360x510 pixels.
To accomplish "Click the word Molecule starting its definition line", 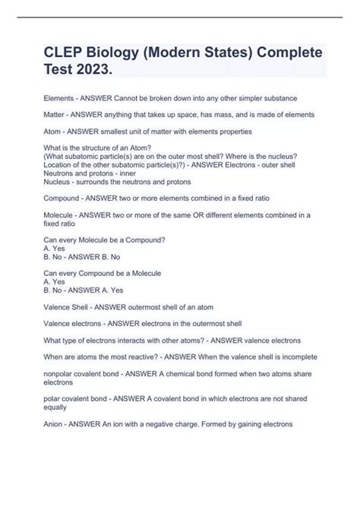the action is click(x=62, y=215).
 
